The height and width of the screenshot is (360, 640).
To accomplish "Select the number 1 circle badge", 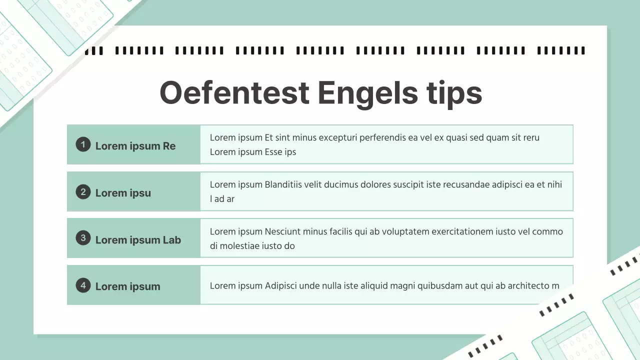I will click(x=83, y=144).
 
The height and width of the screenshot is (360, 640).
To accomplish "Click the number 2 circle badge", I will click(x=83, y=191).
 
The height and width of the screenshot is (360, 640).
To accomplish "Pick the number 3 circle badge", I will click(x=83, y=238).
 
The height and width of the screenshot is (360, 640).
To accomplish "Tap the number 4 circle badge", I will click(x=83, y=285).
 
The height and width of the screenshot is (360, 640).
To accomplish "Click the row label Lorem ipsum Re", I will click(x=135, y=146).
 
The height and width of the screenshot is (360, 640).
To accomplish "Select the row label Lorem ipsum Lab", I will click(x=138, y=240).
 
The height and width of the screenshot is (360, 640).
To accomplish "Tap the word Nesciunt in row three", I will click(x=283, y=231).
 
